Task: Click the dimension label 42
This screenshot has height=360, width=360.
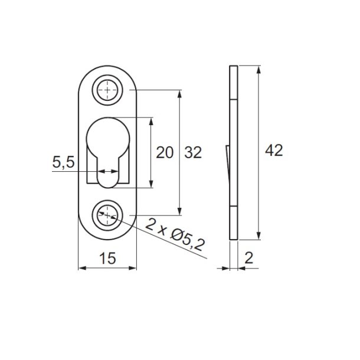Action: [x=273, y=151]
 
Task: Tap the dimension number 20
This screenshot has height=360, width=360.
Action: [x=165, y=153]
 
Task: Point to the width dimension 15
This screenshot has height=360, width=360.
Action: [x=107, y=258]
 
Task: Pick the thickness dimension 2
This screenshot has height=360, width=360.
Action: [x=250, y=258]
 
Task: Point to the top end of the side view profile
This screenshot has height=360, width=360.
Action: [x=233, y=67]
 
